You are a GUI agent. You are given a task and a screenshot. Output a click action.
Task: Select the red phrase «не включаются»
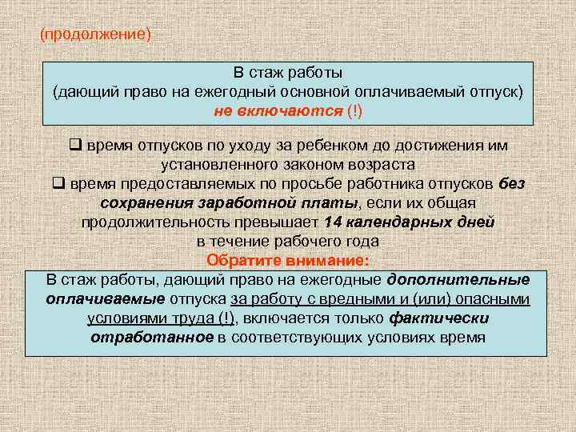pyautogui.click(x=278, y=110)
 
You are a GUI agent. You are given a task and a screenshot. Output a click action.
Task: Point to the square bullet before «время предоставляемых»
pyautogui.click(x=58, y=183)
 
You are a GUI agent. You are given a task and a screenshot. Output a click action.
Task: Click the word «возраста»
pyautogui.click(x=379, y=165)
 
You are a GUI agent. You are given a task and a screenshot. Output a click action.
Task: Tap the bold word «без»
pyautogui.click(x=511, y=183)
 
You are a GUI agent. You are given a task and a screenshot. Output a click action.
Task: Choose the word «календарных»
pyautogui.click(x=400, y=221)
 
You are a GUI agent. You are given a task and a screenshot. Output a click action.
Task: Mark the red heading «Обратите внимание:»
pyautogui.click(x=288, y=260)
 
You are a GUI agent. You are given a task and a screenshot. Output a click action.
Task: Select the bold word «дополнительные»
pyautogui.click(x=458, y=279)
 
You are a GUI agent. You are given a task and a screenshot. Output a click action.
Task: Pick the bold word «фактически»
pyautogui.click(x=441, y=318)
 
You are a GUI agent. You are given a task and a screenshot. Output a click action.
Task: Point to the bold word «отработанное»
pyautogui.click(x=152, y=337)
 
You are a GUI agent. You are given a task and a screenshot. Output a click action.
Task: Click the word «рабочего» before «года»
pyautogui.click(x=313, y=240)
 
